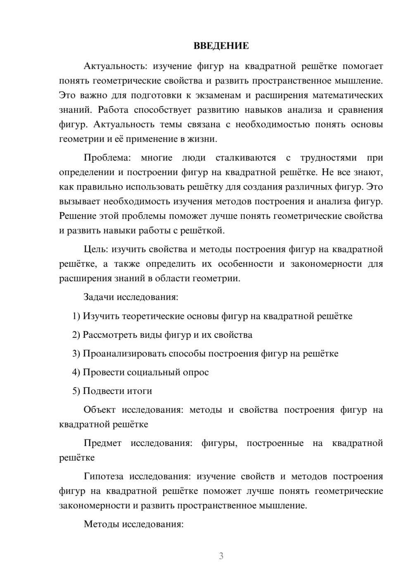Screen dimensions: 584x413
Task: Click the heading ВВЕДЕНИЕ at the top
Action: (221, 46)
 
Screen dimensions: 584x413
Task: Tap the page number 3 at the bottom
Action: (221, 556)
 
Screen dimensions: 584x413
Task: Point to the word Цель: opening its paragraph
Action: (96, 249)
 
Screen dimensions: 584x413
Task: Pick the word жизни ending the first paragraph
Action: (203, 139)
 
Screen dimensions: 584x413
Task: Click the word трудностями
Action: (328, 158)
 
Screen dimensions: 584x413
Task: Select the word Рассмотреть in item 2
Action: (110, 335)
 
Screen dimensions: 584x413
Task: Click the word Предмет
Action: (102, 444)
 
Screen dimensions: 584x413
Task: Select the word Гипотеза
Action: (103, 477)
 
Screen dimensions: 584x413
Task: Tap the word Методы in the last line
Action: (100, 525)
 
